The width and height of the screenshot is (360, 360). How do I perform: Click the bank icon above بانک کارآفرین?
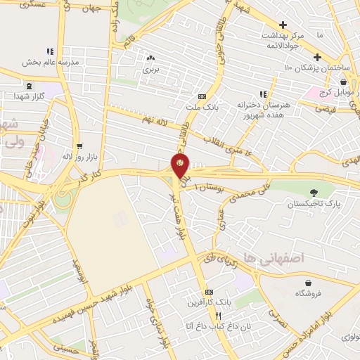pos(208,291)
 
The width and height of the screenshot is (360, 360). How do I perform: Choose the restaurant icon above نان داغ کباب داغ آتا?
pos(208,316)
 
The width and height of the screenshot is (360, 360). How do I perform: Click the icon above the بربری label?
pos(151,58)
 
